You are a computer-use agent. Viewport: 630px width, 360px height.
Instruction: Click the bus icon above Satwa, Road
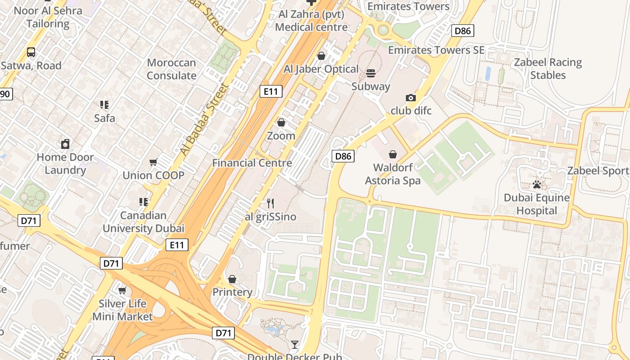(x=31, y=52)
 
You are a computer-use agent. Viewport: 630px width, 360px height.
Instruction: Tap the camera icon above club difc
(x=410, y=98)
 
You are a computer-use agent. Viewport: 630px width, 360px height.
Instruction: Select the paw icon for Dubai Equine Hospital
(x=536, y=184)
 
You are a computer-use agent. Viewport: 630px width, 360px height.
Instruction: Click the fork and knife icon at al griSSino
(x=270, y=203)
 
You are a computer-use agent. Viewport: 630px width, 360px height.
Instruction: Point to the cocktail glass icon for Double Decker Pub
(x=295, y=345)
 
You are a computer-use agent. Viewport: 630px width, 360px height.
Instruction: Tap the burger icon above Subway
(x=371, y=73)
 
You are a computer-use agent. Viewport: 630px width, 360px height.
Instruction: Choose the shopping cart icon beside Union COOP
(x=153, y=162)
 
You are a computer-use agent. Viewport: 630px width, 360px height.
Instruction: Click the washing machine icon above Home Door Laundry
(x=65, y=144)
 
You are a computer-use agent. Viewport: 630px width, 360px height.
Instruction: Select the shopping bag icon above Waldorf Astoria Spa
(x=393, y=154)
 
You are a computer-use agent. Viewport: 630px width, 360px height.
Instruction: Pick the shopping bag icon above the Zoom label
(x=281, y=122)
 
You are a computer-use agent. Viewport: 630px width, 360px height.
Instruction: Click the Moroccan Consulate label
(x=171, y=69)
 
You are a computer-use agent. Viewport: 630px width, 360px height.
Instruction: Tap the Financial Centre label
(x=252, y=163)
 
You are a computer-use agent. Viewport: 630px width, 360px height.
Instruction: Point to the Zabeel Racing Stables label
(x=548, y=68)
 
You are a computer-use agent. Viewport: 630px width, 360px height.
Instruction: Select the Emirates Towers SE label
(x=436, y=50)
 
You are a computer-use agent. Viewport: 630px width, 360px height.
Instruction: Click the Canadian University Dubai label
(x=144, y=222)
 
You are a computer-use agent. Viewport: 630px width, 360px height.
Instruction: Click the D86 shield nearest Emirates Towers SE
(x=463, y=31)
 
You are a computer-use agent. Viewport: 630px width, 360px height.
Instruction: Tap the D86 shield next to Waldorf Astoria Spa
(x=343, y=156)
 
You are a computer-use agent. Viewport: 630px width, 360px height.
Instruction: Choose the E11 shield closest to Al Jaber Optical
(x=271, y=92)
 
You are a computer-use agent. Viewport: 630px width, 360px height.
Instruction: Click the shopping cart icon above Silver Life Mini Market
(x=122, y=290)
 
